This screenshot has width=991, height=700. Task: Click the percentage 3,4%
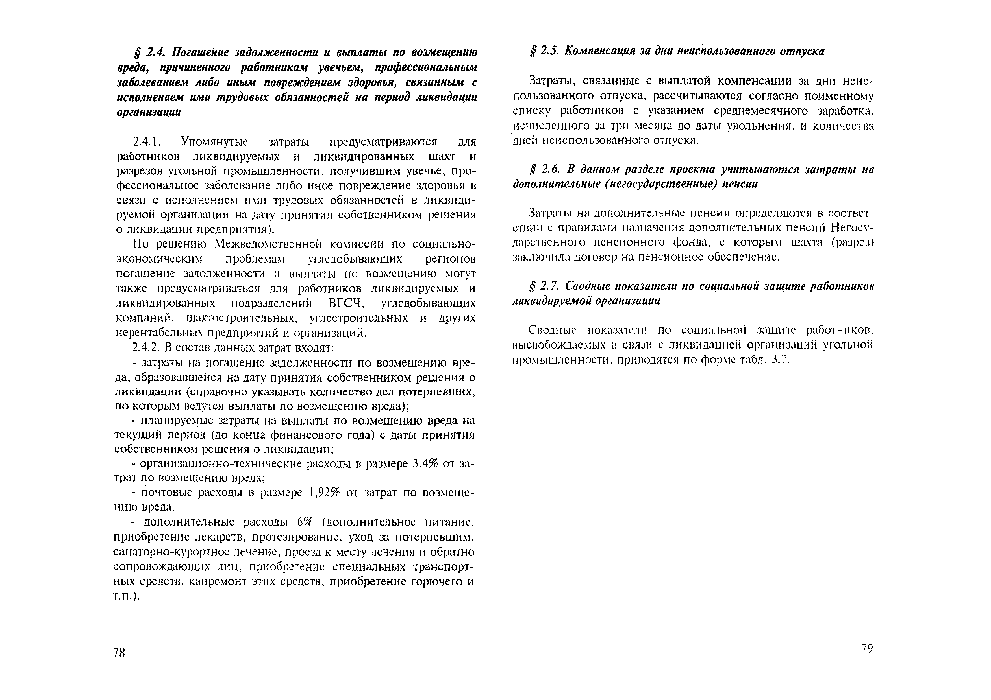(x=425, y=464)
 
